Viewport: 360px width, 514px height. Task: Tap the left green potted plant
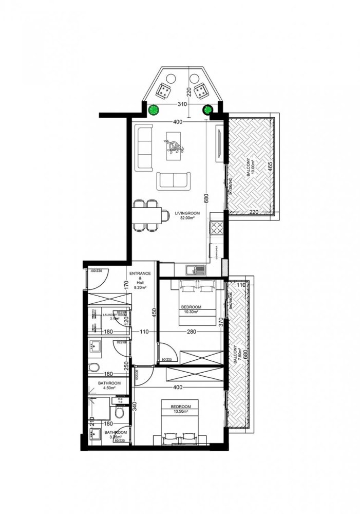tap(153, 109)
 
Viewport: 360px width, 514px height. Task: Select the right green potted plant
tap(209, 109)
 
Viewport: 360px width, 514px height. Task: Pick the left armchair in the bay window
tap(165, 91)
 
